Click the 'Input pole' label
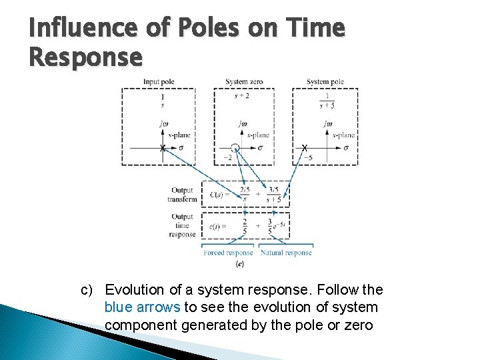tap(158, 82)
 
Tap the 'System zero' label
tap(244, 82)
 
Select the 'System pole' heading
tap(325, 82)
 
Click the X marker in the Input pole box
tap(163, 148)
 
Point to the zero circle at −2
tap(235, 147)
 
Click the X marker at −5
tap(305, 147)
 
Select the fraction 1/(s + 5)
tap(326, 101)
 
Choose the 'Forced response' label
tap(228, 253)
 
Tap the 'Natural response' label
tap(286, 253)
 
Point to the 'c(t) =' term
tap(218, 225)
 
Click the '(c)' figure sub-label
tap(240, 264)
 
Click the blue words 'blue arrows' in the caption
tap(143, 307)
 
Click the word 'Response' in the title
tap(85, 58)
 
